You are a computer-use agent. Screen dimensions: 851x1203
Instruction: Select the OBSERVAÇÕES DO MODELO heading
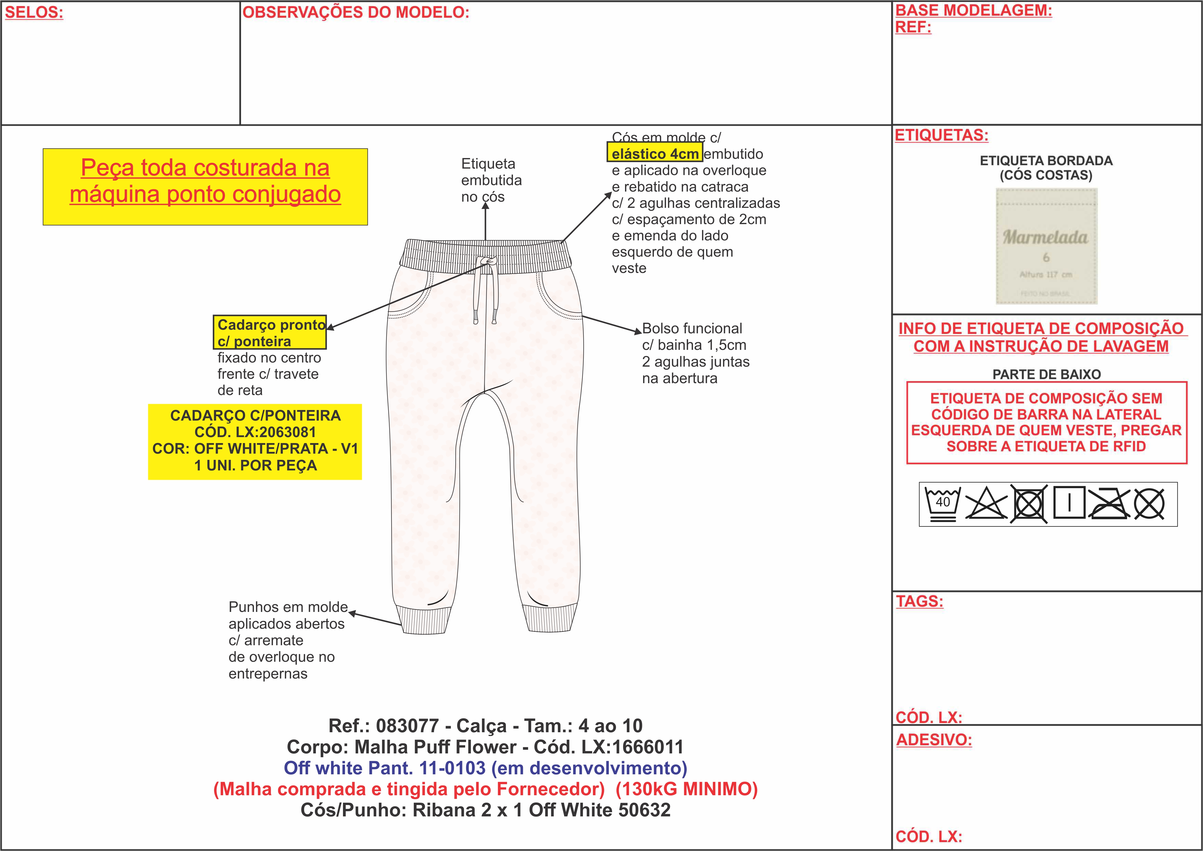coord(355,13)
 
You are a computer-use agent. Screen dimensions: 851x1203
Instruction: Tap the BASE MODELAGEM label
coord(973,11)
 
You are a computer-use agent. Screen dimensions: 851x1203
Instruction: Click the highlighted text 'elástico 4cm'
coord(655,154)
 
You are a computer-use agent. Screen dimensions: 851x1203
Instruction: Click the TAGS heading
coord(919,601)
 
